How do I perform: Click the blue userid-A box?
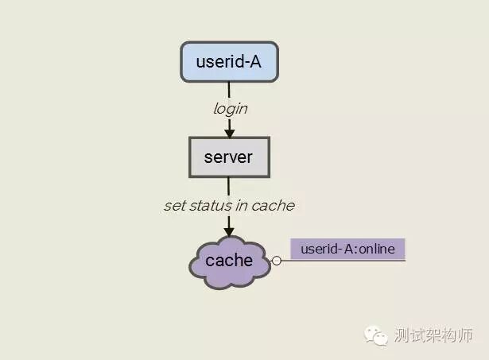click(x=229, y=62)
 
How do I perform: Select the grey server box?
click(x=229, y=157)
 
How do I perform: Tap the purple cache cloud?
click(x=230, y=261)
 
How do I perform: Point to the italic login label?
click(x=230, y=109)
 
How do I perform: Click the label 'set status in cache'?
click(x=229, y=206)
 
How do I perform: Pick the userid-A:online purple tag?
click(x=347, y=248)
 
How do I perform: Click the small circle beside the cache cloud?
click(x=276, y=261)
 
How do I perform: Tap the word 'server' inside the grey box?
click(x=229, y=157)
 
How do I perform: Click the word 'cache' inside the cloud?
click(x=229, y=261)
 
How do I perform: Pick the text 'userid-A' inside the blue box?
click(x=229, y=61)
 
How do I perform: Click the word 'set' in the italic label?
click(x=174, y=206)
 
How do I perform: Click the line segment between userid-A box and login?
click(x=229, y=91)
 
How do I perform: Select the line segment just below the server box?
click(x=229, y=186)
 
